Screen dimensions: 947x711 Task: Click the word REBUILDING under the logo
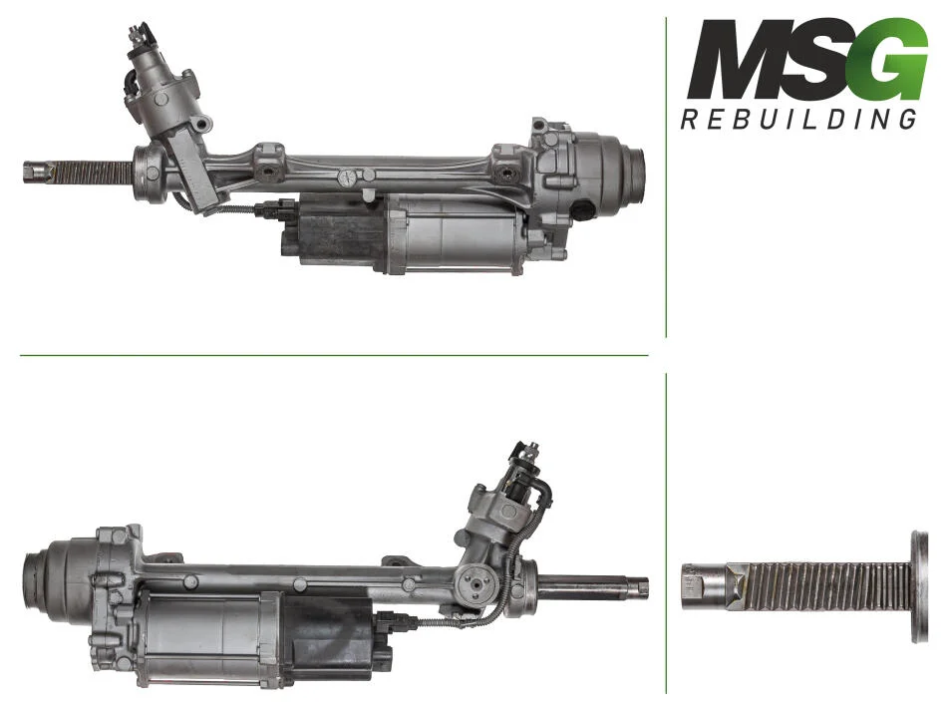coord(799,119)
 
